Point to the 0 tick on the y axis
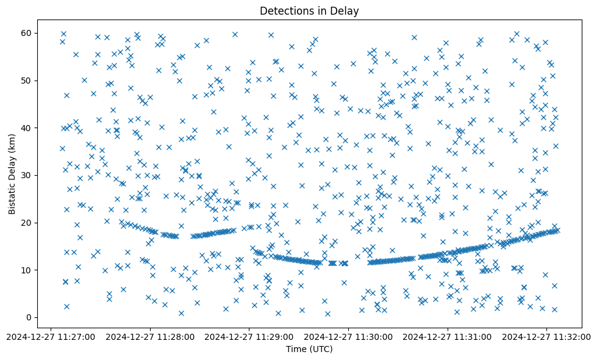click(x=29, y=317)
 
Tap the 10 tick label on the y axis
click(x=27, y=270)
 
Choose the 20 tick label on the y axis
click(x=27, y=223)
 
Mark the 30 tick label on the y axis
click(x=27, y=175)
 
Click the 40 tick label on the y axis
click(x=27, y=128)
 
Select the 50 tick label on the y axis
click(x=27, y=81)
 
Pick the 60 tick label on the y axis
click(x=27, y=33)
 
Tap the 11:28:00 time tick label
click(x=151, y=336)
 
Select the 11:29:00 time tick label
click(x=249, y=336)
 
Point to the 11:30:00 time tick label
click(x=348, y=336)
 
